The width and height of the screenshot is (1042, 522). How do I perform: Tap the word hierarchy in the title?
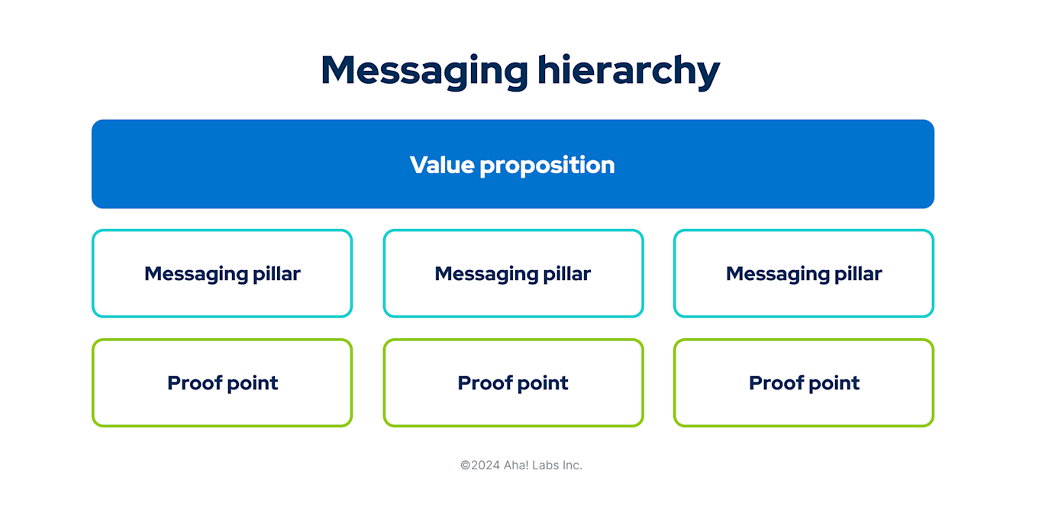click(x=628, y=70)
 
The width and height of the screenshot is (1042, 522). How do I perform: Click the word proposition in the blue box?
click(x=547, y=166)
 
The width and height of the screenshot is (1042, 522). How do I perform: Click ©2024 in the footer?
click(x=480, y=465)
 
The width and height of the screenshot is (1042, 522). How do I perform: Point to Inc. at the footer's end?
click(x=573, y=465)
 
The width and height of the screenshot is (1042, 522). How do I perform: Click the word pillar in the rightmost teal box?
click(x=859, y=273)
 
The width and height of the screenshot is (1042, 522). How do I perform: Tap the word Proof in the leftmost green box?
click(x=193, y=382)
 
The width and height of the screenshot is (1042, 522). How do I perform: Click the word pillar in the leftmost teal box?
click(x=277, y=273)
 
